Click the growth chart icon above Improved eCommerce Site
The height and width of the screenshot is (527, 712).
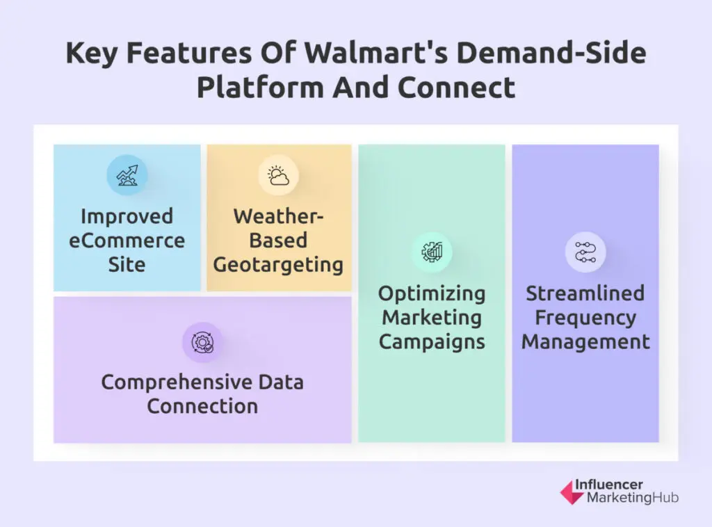pos(127,175)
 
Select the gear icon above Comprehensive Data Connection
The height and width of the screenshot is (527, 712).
pos(202,342)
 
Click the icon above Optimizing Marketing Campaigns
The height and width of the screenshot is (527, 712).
pos(432,252)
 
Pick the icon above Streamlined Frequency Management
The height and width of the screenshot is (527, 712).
pos(585,252)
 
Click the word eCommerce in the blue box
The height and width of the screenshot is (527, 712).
pos(127,241)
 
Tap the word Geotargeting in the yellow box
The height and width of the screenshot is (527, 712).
pos(278,265)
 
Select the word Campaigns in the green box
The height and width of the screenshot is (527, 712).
pos(432,342)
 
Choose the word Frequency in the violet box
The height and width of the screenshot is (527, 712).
pos(585,318)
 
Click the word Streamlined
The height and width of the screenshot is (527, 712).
pos(585,293)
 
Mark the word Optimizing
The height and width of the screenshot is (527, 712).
pos(432,293)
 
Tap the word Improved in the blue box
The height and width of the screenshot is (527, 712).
pos(127,216)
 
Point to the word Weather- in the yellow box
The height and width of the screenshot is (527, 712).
pos(279,216)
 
